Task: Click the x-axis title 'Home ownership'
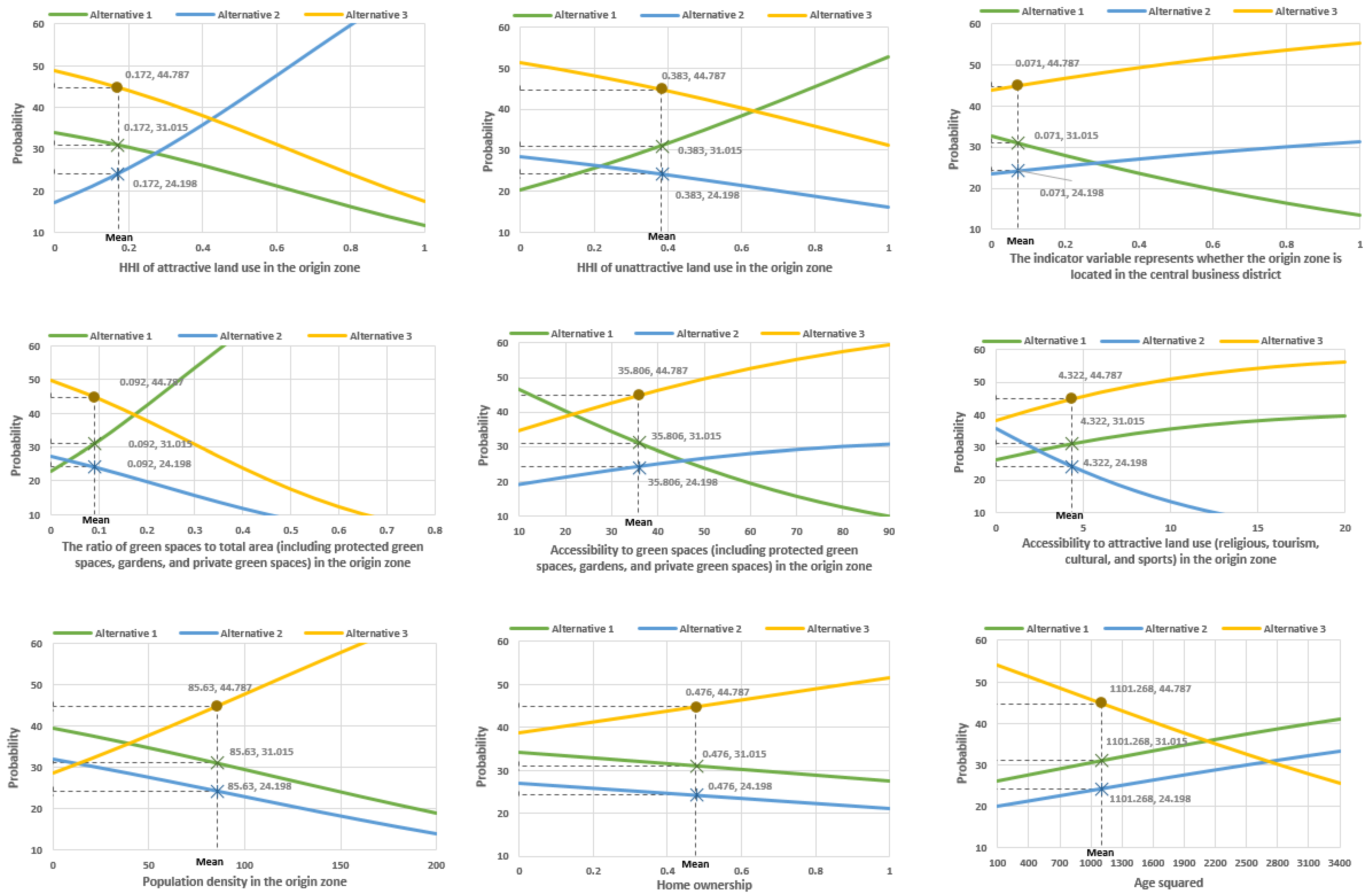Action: coord(704,885)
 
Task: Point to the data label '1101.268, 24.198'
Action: coord(1150,798)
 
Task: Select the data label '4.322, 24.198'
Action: coord(1115,463)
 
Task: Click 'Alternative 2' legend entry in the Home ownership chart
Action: coord(710,629)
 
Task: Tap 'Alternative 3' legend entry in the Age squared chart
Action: coord(1294,629)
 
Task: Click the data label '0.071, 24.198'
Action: coord(1071,193)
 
